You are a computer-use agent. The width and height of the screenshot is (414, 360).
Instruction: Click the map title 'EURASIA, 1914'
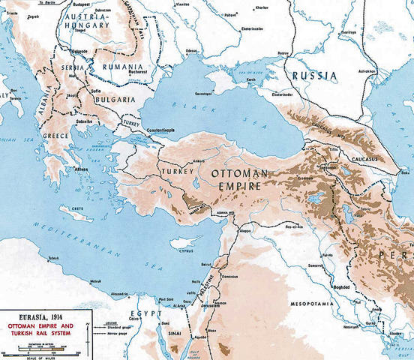click(29, 317)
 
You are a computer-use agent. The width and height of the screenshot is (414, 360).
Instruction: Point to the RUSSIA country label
click(314, 75)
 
